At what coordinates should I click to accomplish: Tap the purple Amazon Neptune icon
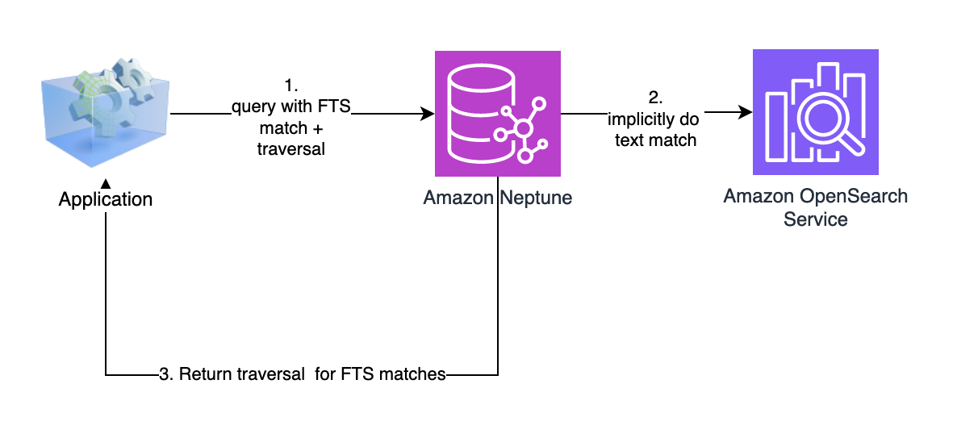pyautogui.click(x=498, y=114)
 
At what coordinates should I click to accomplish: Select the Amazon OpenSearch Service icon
pyautogui.click(x=815, y=112)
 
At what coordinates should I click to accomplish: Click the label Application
pyautogui.click(x=105, y=198)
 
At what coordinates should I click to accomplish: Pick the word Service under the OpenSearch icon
pyautogui.click(x=815, y=219)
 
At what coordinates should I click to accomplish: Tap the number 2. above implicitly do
pyautogui.click(x=655, y=98)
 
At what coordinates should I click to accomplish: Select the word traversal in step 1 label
pyautogui.click(x=290, y=148)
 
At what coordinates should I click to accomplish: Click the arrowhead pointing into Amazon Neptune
pyautogui.click(x=428, y=115)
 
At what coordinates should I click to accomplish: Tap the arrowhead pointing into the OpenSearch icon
pyautogui.click(x=746, y=114)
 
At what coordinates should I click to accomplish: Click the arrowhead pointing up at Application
pyautogui.click(x=106, y=185)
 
